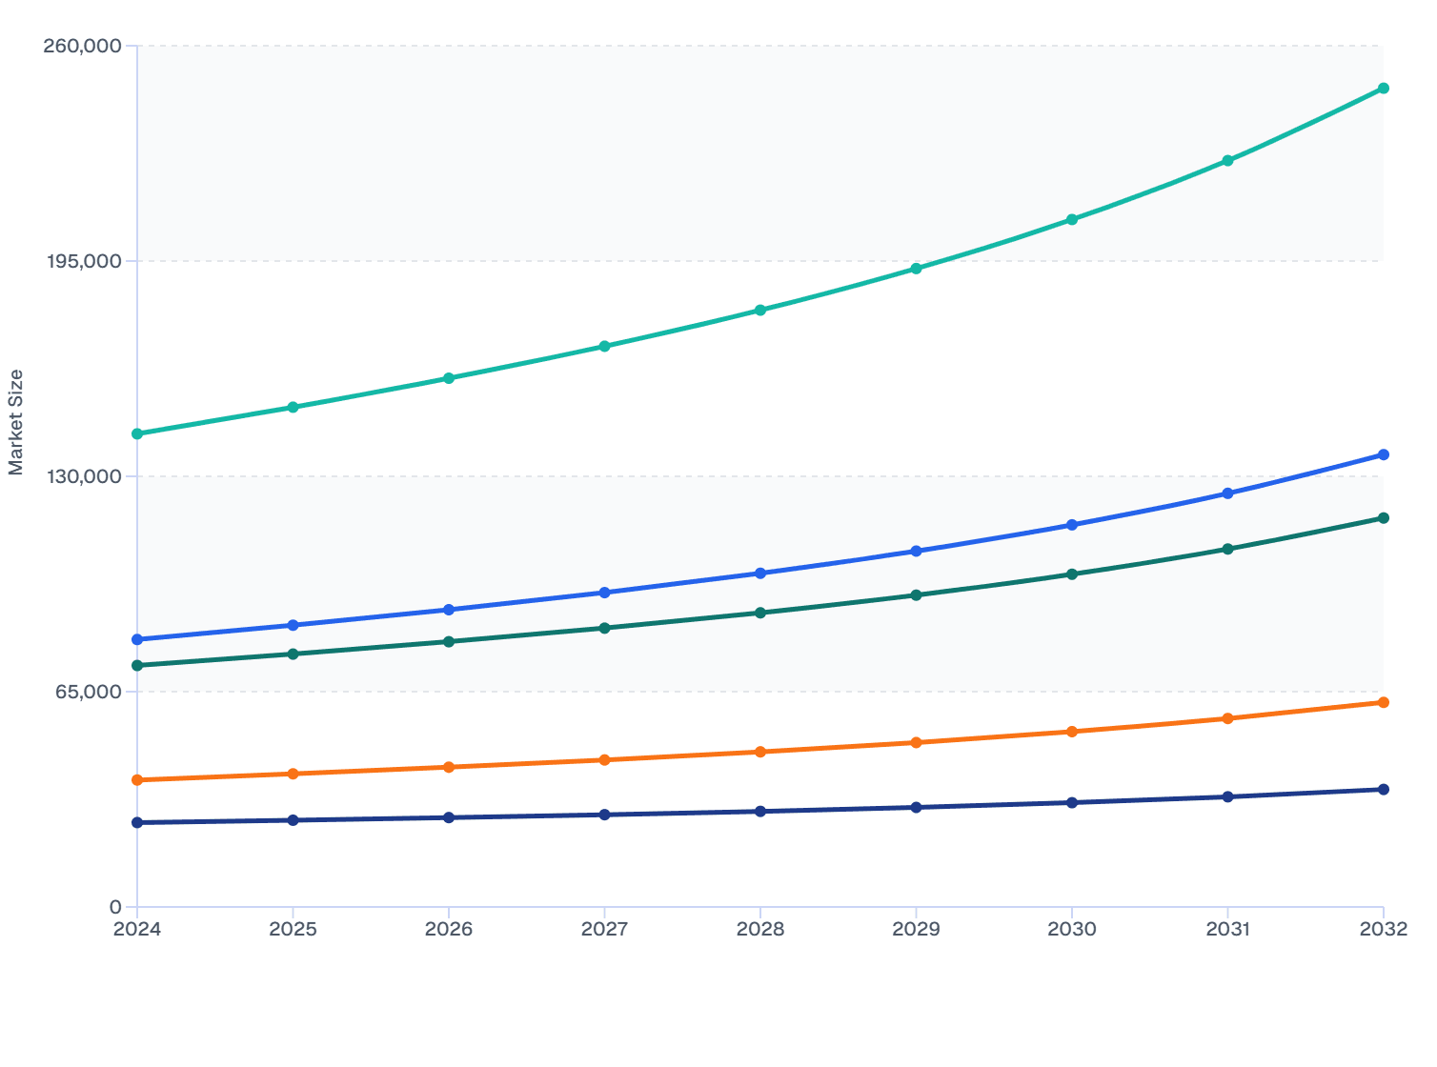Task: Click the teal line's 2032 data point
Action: (1383, 89)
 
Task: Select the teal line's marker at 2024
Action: (137, 433)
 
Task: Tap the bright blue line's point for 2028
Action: (760, 574)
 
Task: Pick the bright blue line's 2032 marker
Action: (1383, 454)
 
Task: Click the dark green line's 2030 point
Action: (1072, 574)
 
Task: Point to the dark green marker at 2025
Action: (293, 654)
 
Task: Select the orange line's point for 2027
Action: (604, 760)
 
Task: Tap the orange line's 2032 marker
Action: (1383, 702)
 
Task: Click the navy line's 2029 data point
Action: (916, 807)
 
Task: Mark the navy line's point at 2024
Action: (137, 822)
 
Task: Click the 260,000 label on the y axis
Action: (83, 46)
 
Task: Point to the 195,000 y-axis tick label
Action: (83, 261)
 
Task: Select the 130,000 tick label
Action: (83, 476)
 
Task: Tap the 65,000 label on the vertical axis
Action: (88, 692)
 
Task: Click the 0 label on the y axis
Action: (115, 907)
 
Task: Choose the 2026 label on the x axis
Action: (449, 929)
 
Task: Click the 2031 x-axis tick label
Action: (1227, 929)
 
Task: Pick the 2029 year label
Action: (916, 929)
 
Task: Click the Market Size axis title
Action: (16, 422)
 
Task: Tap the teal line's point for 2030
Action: (1072, 219)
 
